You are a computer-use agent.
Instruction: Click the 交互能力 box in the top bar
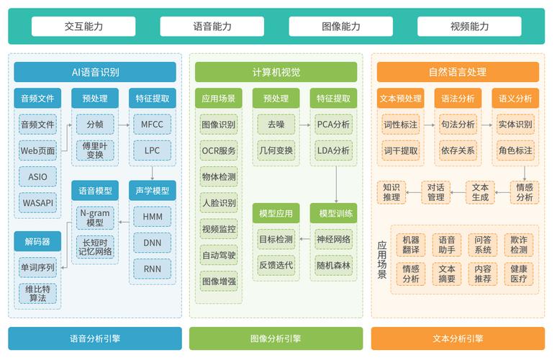83,27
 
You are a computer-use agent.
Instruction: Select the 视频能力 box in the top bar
469,27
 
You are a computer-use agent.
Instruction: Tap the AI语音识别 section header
95,72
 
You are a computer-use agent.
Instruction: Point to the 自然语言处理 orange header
458,72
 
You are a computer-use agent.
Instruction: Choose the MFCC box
152,125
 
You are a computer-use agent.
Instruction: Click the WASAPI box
37,203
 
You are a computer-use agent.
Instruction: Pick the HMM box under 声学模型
152,217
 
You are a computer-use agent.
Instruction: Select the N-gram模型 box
95,217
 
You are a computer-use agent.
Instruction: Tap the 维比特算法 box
37,292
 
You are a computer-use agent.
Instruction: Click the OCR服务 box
219,151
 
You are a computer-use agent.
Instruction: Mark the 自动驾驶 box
219,255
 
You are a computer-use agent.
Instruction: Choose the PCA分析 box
333,125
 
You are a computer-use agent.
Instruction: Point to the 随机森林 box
333,265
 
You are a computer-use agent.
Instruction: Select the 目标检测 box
276,239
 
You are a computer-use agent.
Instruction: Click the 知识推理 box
391,192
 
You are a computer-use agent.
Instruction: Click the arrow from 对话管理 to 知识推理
413,192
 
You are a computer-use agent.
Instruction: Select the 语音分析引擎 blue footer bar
95,338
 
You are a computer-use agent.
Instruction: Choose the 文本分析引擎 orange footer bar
458,338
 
